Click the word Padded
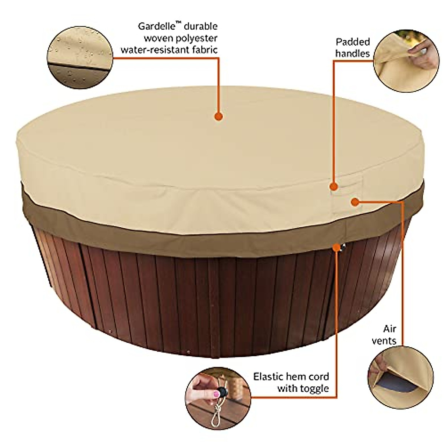point(353,42)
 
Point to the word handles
point(353,53)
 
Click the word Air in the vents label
point(390,329)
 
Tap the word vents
point(384,340)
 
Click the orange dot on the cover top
point(219,116)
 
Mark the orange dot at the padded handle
point(334,187)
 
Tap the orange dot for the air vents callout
point(355,202)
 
